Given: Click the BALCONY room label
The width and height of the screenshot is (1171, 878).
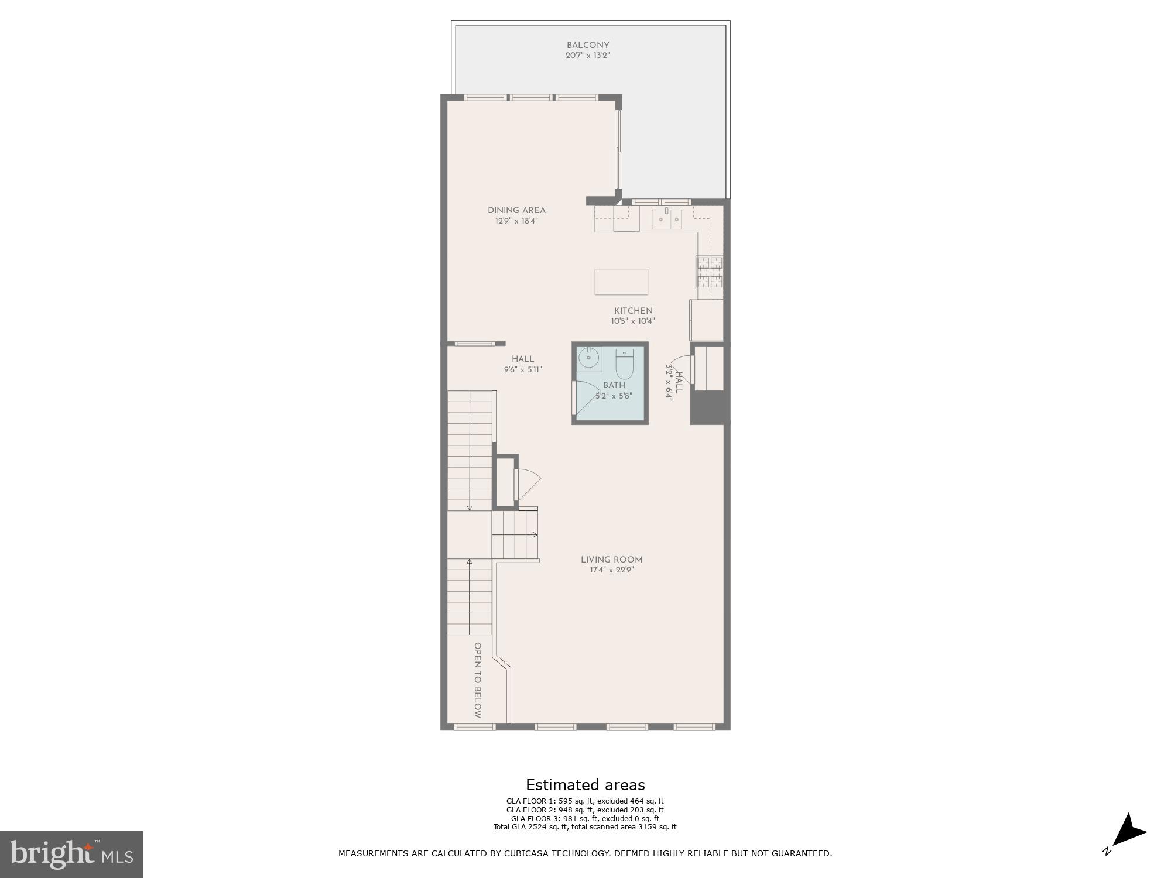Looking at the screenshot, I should point(588,45).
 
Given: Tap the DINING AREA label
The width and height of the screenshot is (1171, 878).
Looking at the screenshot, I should point(516,210).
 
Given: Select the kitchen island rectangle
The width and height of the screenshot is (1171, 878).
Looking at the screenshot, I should point(621,282).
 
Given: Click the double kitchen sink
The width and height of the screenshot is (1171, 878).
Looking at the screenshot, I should point(667,220).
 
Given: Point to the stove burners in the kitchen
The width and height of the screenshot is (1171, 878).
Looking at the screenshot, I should point(709,272).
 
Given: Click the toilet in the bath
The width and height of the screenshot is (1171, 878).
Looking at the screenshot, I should point(624,364).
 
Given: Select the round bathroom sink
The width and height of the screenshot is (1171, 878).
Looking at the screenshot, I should point(588,357).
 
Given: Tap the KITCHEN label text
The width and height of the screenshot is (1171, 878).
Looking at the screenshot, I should point(633,311).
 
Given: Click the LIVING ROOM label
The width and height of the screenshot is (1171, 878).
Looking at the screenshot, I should point(611,560).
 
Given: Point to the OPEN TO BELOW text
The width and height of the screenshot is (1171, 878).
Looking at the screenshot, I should point(478,680).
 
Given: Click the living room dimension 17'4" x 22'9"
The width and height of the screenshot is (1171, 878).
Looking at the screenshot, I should point(611,570).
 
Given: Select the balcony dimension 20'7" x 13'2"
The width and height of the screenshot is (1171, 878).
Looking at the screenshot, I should point(588,56).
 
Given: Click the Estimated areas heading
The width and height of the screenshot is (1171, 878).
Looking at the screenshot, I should point(585,785).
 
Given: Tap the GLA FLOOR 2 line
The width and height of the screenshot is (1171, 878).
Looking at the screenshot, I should point(585,810).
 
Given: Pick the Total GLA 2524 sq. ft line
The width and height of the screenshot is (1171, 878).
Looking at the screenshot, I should point(585,827).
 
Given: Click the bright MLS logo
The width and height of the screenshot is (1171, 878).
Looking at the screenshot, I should point(71,855).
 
